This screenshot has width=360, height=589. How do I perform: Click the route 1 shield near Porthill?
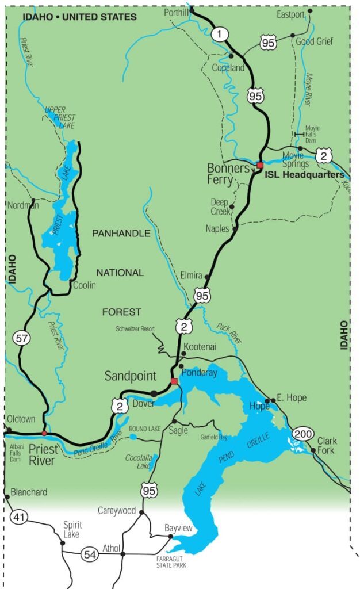219,34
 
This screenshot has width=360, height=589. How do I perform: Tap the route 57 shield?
22,338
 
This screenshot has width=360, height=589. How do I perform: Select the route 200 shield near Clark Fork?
302,433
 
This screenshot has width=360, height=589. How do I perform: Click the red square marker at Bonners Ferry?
260,165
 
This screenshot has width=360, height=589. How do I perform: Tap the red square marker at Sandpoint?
174,381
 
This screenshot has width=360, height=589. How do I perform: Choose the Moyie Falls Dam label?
312,134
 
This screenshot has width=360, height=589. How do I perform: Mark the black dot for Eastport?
310,10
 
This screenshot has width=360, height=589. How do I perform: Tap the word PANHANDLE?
121,234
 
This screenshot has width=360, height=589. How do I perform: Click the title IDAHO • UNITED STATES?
79,17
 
